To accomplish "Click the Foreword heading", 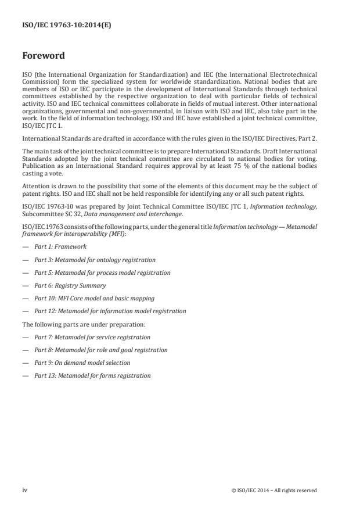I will (44, 56).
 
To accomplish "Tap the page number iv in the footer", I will (25, 490).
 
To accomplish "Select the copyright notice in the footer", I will (273, 490).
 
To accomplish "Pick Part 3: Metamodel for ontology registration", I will (95, 260).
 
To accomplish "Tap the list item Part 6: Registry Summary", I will (70, 285).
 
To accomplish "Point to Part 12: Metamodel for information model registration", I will (110, 311).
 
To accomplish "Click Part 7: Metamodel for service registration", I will (92, 337).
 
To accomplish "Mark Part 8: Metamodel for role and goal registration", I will (100, 350).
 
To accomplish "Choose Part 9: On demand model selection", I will (82, 363).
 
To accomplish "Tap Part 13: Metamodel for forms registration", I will (92, 375).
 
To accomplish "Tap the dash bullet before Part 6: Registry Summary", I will (25, 285).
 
